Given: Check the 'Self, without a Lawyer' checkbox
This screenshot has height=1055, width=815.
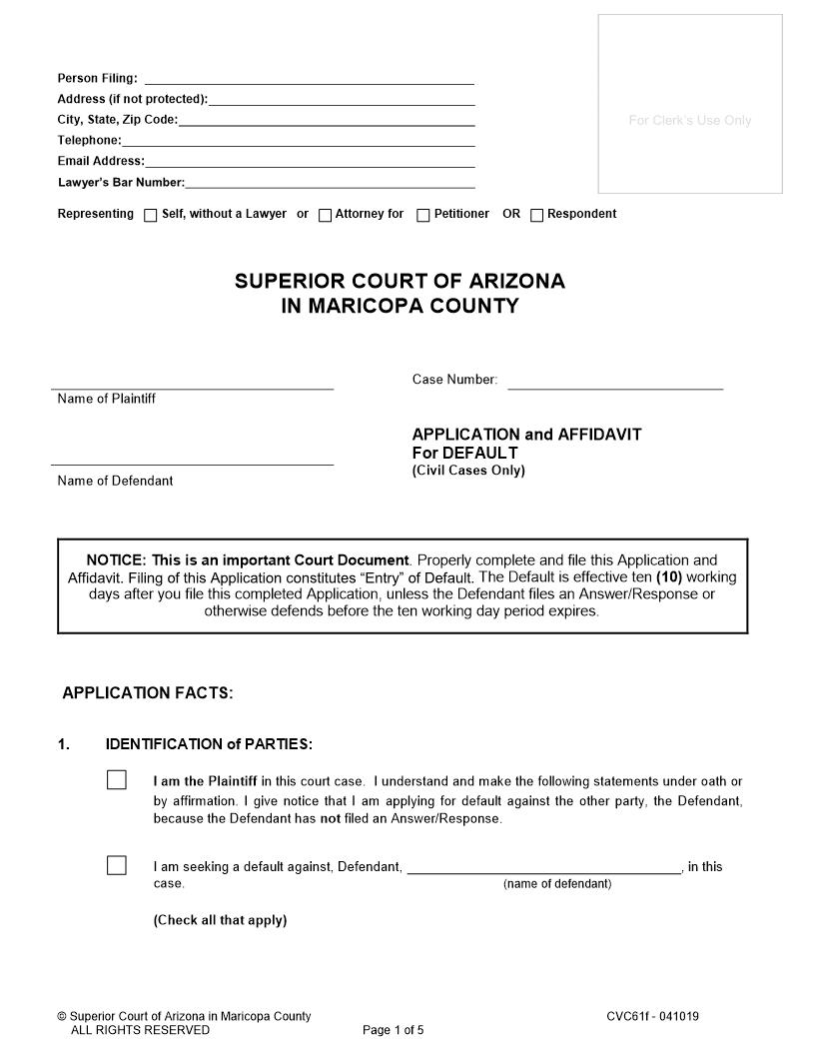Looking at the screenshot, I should point(151,215).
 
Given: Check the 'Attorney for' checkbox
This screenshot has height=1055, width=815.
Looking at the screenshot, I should point(325,215).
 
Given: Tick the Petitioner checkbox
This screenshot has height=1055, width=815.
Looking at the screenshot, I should point(423,215).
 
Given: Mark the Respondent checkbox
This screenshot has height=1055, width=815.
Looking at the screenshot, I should point(537,215).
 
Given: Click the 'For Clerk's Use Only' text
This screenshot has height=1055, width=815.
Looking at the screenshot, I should point(690,121).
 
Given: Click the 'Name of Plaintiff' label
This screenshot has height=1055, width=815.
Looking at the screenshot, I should point(107,399).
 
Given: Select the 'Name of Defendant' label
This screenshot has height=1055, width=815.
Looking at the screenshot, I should point(115,481).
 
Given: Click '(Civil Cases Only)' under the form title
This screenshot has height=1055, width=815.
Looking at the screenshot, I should point(468,472).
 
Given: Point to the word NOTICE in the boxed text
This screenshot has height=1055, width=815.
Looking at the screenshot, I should point(116,560).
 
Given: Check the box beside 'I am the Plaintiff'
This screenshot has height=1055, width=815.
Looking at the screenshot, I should point(117,780).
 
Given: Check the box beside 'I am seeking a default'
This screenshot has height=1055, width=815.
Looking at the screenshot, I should point(117,865).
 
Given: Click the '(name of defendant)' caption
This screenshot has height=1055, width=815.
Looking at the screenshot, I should point(557,884).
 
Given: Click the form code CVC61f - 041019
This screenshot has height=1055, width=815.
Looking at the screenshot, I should point(652,1017).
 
